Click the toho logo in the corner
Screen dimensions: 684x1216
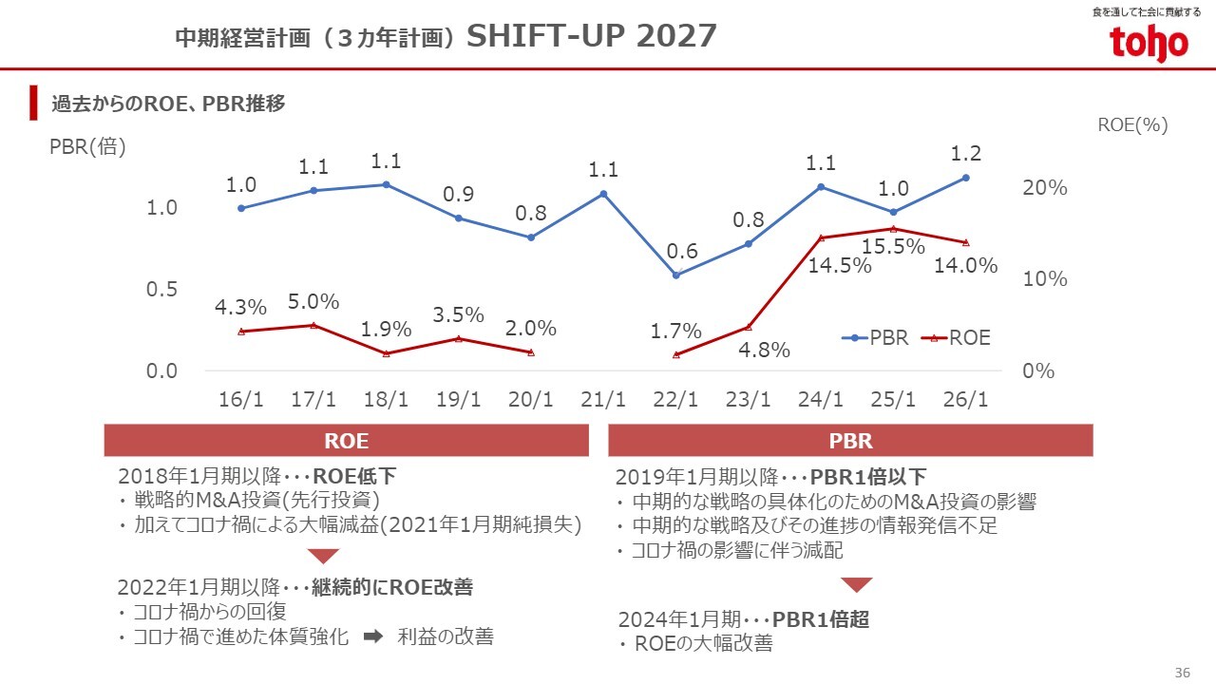[1149, 42]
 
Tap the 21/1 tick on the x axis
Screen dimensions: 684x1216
[603, 400]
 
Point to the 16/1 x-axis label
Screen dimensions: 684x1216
[241, 400]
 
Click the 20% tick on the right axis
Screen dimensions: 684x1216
[1045, 188]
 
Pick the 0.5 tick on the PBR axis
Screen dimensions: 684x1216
[161, 290]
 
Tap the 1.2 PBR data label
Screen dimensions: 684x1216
[965, 154]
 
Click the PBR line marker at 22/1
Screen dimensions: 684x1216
[676, 275]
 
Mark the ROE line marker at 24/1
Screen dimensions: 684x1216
[821, 237]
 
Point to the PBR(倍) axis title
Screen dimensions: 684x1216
[87, 148]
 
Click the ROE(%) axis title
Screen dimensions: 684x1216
[1132, 124]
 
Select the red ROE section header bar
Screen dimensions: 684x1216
[347, 441]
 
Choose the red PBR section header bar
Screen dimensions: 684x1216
[850, 441]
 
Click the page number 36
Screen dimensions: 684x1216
[1183, 673]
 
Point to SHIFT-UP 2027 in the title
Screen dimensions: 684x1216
[592, 36]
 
